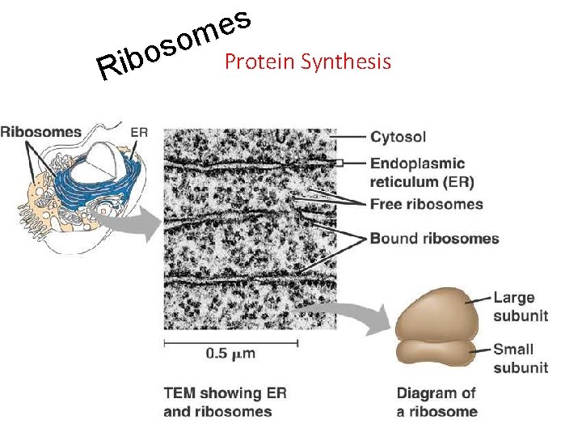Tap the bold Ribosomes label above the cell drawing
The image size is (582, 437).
pos(41,132)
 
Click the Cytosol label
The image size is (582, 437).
pos(398,137)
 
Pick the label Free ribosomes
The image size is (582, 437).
pos(426,204)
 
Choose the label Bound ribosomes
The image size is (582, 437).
pos(434,238)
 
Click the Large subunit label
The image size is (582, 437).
pos(520,307)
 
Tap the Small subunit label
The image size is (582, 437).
pos(520,358)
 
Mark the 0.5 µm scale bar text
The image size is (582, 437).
pos(230,353)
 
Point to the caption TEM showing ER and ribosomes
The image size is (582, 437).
pos(225,402)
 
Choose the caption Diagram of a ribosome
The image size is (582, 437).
pos(436,402)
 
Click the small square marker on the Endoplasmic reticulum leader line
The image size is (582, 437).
pos(341,163)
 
